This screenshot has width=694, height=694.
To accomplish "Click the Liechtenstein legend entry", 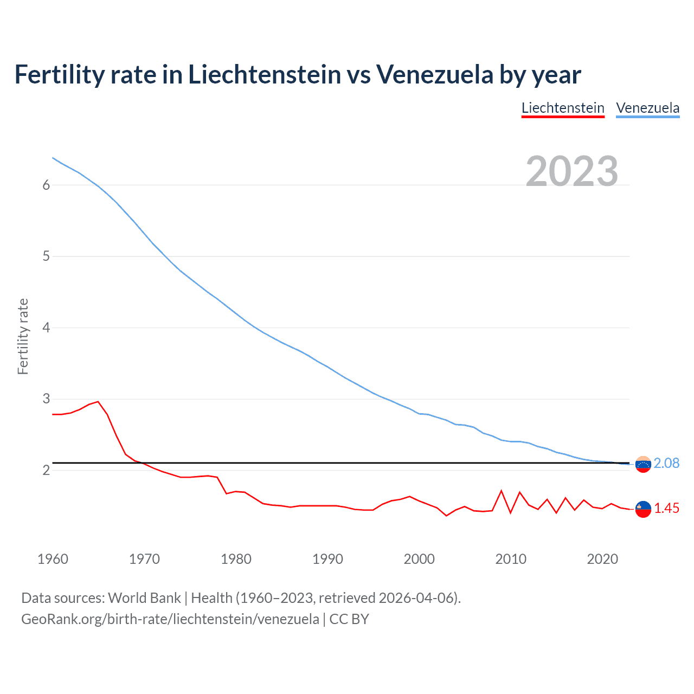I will click(563, 108).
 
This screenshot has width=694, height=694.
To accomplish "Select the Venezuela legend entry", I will click(647, 108).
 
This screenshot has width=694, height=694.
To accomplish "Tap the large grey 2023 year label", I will click(572, 171).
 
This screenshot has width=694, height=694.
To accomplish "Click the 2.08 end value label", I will click(666, 464).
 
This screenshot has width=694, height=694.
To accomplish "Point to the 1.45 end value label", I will click(666, 509).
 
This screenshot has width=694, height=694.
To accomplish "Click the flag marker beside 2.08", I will click(643, 464).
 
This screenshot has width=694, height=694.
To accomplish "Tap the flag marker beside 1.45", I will click(643, 509).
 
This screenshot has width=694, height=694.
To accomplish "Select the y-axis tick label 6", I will click(46, 185).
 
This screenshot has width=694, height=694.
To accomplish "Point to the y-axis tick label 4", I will click(46, 328).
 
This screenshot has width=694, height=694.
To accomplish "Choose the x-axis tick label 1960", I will click(53, 559).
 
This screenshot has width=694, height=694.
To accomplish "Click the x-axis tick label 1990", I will click(327, 559).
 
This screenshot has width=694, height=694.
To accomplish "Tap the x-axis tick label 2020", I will click(602, 559).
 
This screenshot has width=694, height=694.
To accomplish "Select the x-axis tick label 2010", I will click(511, 559).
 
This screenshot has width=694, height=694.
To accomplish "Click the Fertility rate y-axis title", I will click(23, 336).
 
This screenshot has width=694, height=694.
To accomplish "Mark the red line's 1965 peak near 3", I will click(98, 402).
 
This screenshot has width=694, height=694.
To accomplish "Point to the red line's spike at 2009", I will click(502, 491).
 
